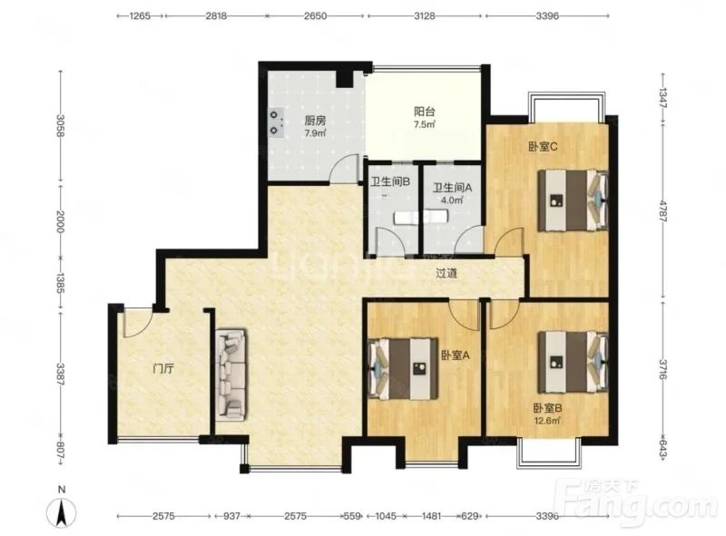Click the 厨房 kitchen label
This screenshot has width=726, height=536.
315,121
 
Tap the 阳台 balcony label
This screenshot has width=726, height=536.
424,112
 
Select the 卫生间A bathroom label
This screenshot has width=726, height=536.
452,188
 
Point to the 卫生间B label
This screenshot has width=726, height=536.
390,182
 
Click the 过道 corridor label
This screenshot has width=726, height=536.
446,273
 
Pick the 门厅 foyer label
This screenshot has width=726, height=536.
163,369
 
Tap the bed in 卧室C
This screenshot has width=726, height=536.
573,200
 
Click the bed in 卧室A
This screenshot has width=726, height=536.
403,368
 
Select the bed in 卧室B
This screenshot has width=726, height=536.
573,362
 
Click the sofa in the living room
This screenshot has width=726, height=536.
231,375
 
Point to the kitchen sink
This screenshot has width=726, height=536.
277,122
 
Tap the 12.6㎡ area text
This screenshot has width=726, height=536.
547,421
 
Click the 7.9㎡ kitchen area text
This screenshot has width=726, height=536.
315,133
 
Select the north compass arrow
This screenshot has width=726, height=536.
62,512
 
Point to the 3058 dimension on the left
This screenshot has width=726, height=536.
60,125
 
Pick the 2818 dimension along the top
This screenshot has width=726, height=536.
216,15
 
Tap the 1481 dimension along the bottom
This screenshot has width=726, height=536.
431,516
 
